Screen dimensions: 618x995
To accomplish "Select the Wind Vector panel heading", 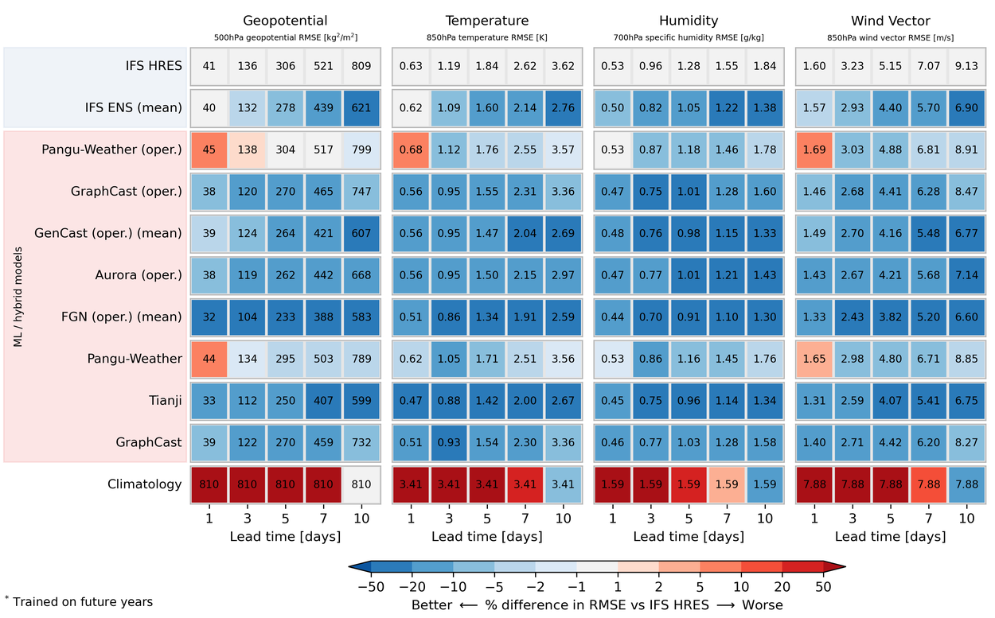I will coord(890,21).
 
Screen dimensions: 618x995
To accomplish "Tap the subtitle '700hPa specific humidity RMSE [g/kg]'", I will coord(689,37).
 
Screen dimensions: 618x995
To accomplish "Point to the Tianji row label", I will coord(166,400).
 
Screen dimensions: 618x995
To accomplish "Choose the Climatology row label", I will coord(145,484).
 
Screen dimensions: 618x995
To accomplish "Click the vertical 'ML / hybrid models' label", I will coord(18,297).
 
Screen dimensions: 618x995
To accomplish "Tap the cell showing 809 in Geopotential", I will coord(361,66).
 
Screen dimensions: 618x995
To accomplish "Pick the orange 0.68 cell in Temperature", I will coord(411,150).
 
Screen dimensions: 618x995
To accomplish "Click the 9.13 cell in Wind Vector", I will coord(966,66).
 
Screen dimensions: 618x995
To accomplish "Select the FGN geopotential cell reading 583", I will coord(361,317).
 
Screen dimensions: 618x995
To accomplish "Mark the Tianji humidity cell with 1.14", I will coord(727,400).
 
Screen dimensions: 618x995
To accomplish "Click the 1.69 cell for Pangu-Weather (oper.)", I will coord(815,150).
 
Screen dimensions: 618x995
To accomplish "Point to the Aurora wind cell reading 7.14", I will coord(966,275).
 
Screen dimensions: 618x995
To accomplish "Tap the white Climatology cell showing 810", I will coord(361,484).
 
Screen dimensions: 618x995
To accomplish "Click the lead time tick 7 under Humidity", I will coord(727,518).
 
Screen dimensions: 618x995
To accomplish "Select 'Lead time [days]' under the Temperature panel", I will coord(486,536).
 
